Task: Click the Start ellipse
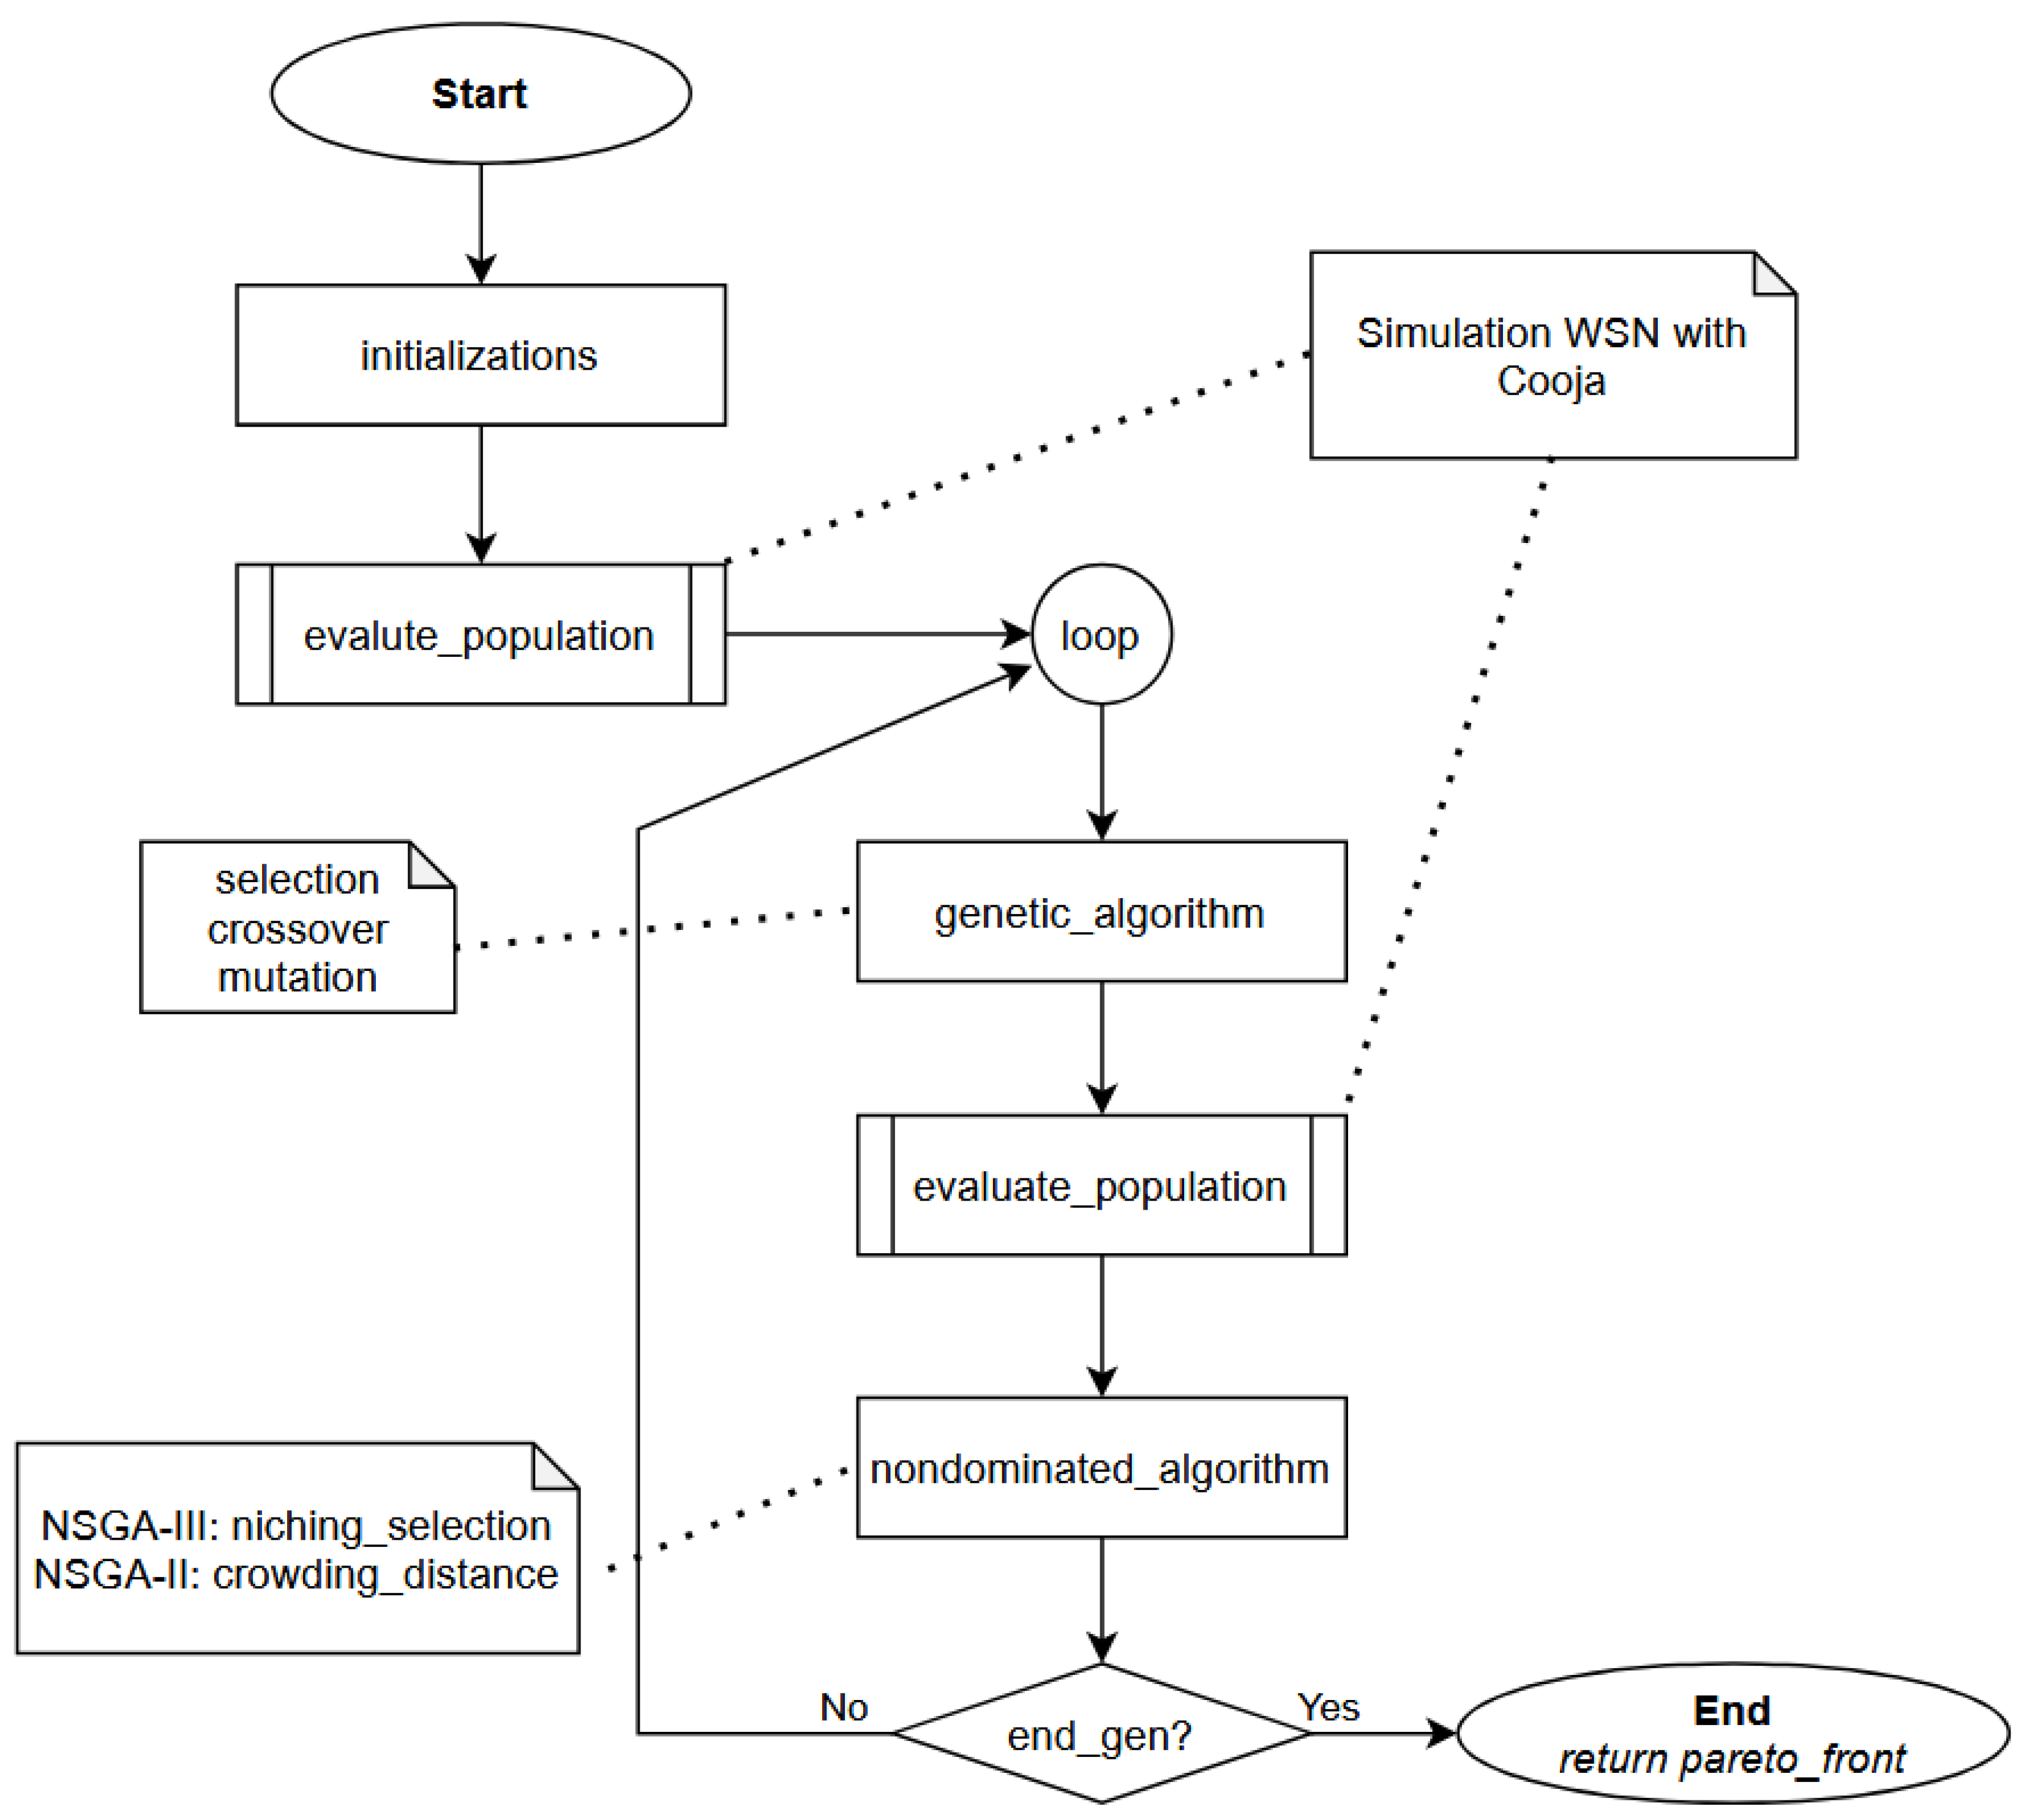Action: click(480, 94)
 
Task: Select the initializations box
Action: click(480, 355)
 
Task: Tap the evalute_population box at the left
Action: click(480, 635)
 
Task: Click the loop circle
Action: click(1100, 635)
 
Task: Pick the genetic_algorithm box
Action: click(1100, 912)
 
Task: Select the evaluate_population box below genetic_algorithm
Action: click(1100, 1186)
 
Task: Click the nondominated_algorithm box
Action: click(1100, 1468)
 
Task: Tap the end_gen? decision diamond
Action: click(1100, 1735)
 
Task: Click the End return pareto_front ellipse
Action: click(1732, 1734)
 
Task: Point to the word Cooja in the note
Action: click(1551, 381)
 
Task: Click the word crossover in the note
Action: click(297, 930)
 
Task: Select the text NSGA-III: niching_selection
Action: click(296, 1526)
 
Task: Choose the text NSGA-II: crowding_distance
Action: click(296, 1575)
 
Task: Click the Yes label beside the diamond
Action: click(1328, 1707)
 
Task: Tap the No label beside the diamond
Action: click(843, 1707)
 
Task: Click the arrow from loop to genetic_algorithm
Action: click(1101, 770)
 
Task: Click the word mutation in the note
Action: click(297, 977)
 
